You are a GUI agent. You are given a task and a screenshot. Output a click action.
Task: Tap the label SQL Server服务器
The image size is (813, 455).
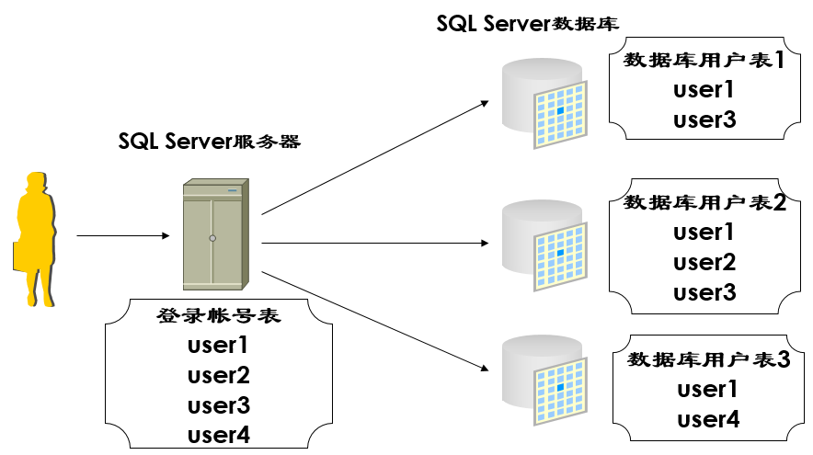pos(210,142)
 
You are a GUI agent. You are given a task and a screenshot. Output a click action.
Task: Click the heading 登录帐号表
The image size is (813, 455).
pos(219,317)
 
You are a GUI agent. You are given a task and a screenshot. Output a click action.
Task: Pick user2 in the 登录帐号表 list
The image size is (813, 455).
pos(219,375)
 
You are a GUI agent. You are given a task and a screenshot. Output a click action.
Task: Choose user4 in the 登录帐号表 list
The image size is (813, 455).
pos(219,434)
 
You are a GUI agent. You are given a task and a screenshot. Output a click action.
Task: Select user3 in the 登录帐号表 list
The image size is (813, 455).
pos(219,404)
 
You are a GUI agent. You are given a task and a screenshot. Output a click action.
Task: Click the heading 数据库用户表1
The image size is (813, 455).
pos(704,61)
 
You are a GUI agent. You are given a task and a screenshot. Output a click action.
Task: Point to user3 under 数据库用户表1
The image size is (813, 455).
pos(704,119)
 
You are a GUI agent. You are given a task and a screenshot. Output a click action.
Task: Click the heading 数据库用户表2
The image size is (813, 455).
pos(704,203)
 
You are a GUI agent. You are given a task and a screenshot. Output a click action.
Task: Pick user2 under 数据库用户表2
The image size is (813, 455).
pos(704,263)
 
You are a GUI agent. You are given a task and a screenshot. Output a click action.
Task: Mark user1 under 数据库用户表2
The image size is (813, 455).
pos(704,233)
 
